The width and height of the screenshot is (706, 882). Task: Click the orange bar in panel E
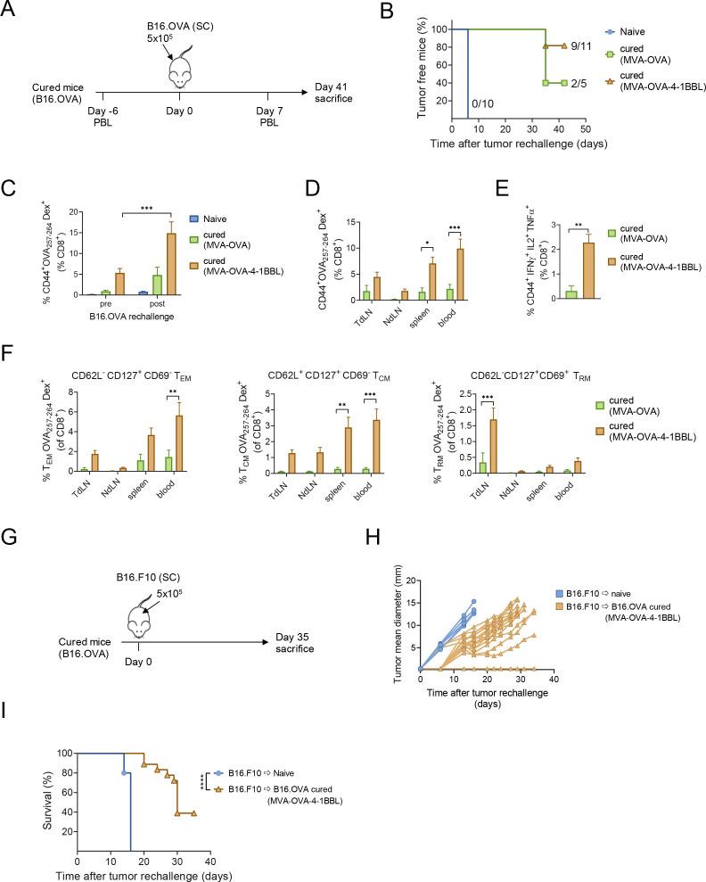point(590,268)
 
